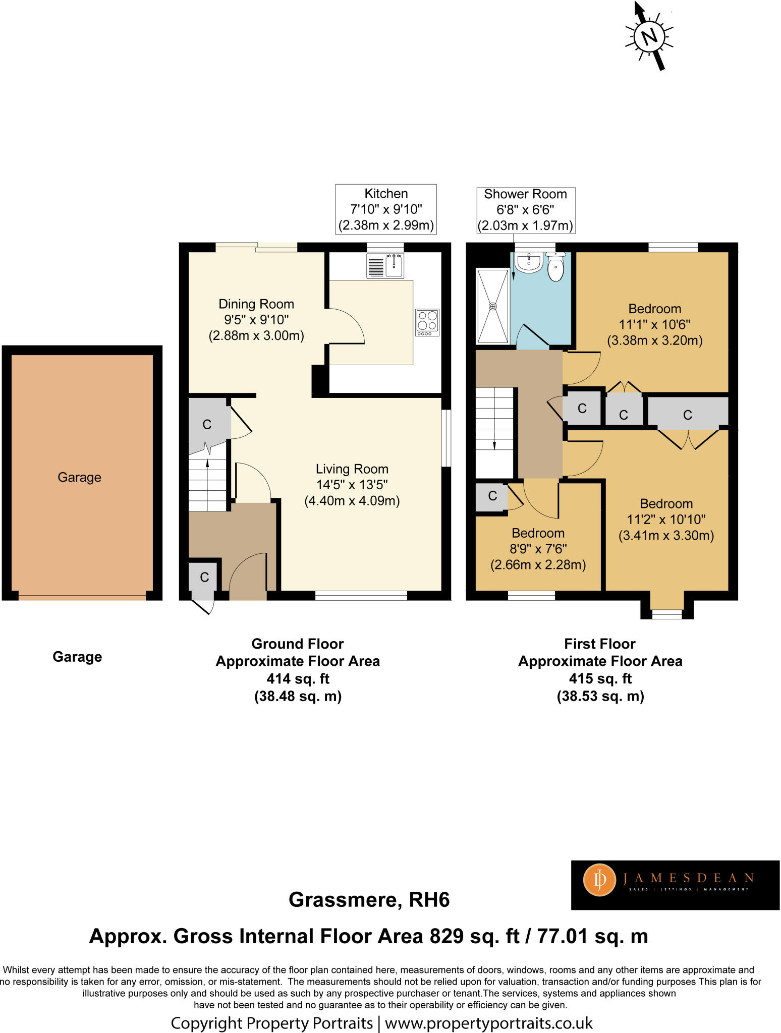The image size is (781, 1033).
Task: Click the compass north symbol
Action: (649, 36)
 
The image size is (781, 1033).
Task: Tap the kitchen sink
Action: (394, 266)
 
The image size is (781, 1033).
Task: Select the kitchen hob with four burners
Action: (427, 322)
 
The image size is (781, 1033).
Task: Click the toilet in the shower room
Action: (555, 267)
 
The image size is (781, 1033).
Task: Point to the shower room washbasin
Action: (529, 262)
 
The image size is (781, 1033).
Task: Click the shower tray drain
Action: (493, 306)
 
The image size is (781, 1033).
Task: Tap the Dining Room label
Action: (256, 304)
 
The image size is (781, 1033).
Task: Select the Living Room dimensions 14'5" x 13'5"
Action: (352, 485)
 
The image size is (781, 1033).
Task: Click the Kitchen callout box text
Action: (386, 209)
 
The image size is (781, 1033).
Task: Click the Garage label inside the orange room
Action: (79, 477)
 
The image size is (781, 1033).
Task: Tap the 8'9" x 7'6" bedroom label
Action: (538, 549)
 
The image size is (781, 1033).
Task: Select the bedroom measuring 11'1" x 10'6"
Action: (654, 324)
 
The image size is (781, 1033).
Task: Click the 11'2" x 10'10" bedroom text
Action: (666, 519)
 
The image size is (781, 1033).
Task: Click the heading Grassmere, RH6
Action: (369, 900)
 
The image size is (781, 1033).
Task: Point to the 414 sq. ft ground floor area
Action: (298, 678)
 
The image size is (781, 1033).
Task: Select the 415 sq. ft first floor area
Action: (600, 678)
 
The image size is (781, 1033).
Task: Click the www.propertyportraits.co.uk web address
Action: (488, 1023)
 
